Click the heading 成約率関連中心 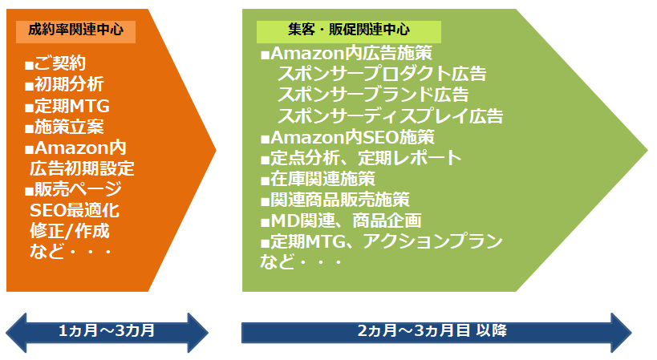[x=76, y=30]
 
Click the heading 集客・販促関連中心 [x=349, y=30]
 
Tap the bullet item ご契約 [x=55, y=63]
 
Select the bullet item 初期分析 [x=64, y=84]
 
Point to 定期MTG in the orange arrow [x=67, y=106]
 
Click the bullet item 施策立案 [x=64, y=127]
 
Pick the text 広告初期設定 [x=82, y=168]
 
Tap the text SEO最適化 [x=75, y=211]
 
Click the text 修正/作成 [x=70, y=231]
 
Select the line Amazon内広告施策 [x=347, y=54]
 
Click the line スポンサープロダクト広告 [x=382, y=74]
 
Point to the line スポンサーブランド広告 [x=373, y=95]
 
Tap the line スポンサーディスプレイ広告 [x=390, y=116]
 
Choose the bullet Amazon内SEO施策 [x=348, y=137]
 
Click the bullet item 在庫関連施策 [x=318, y=179]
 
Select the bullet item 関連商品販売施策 [x=335, y=200]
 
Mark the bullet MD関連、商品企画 [x=341, y=221]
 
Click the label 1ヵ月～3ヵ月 [x=107, y=331]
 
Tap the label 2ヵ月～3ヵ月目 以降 [x=432, y=331]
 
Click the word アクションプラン [x=433, y=242]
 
